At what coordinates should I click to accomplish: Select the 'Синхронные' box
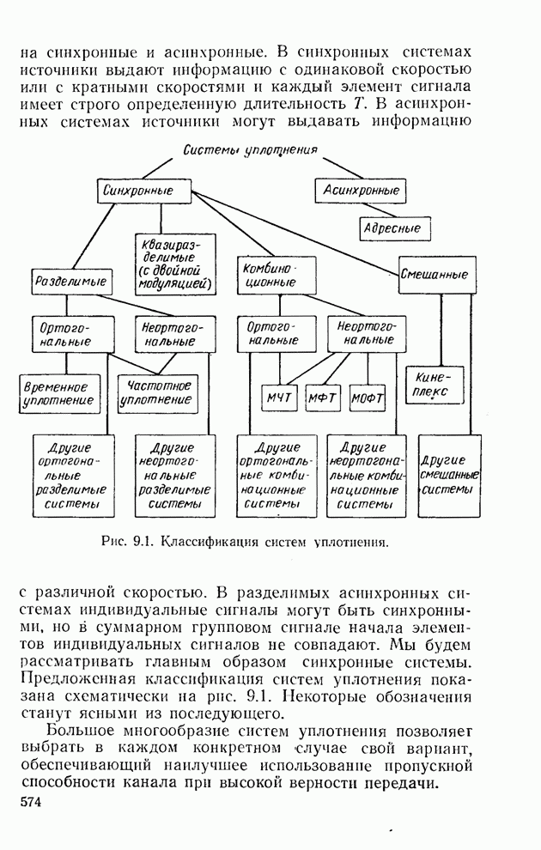(x=144, y=191)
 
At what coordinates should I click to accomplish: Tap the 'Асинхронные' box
(x=360, y=191)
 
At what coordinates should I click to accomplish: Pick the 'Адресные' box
(x=394, y=228)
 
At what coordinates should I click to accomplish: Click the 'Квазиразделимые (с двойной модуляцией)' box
(x=175, y=263)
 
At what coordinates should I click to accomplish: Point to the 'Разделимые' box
(x=70, y=280)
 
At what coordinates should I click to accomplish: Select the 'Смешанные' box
(x=437, y=276)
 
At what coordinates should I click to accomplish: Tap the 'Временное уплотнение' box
(x=58, y=393)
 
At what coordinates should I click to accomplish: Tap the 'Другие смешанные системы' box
(x=447, y=474)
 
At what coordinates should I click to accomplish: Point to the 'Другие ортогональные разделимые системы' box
(x=70, y=474)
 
